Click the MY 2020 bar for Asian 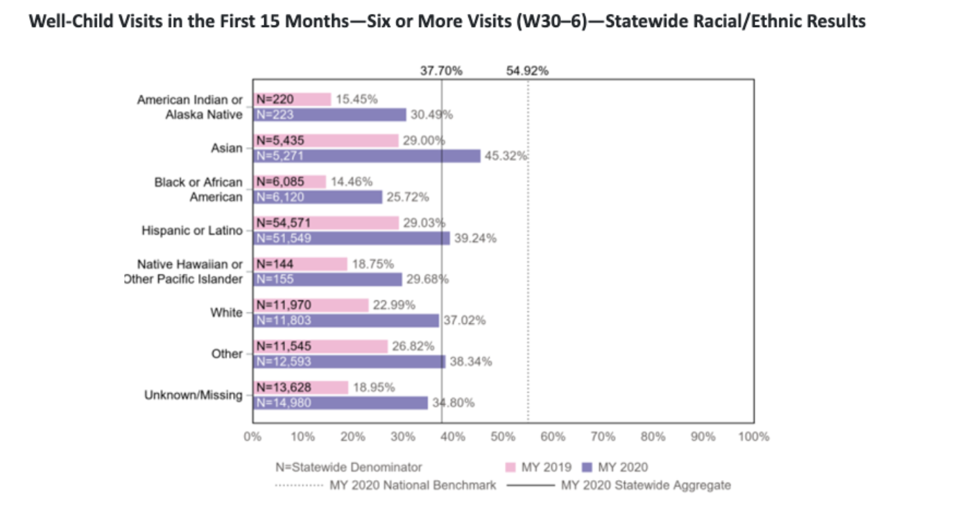click(366, 156)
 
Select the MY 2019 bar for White click(310, 305)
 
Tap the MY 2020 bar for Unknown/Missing click(340, 403)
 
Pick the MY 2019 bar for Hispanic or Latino click(325, 223)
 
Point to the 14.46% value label click(352, 182)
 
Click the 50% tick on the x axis click(503, 437)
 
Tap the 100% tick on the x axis click(754, 437)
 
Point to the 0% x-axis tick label click(252, 437)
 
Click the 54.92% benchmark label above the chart click(527, 70)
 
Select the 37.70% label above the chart click(442, 70)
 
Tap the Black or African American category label click(198, 189)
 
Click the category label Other click(227, 354)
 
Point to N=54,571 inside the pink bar click(284, 223)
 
